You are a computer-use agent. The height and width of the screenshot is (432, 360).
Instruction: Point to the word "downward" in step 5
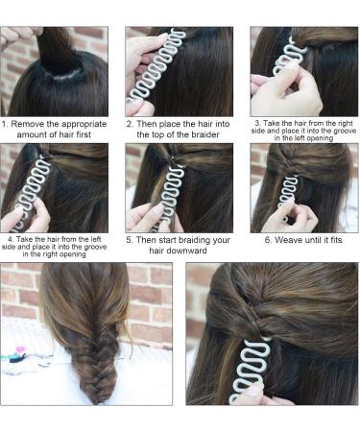click(x=178, y=251)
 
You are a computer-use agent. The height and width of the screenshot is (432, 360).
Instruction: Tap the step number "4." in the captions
click(x=11, y=239)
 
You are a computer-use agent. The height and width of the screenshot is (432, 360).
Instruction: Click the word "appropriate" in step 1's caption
click(x=84, y=125)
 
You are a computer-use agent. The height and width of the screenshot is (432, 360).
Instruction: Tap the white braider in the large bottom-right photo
click(x=251, y=372)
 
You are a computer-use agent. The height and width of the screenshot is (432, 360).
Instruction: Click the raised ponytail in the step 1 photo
click(x=56, y=48)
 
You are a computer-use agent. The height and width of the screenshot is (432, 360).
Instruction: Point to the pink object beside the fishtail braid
click(x=21, y=348)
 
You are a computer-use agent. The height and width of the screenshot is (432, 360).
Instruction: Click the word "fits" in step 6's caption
click(x=335, y=240)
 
